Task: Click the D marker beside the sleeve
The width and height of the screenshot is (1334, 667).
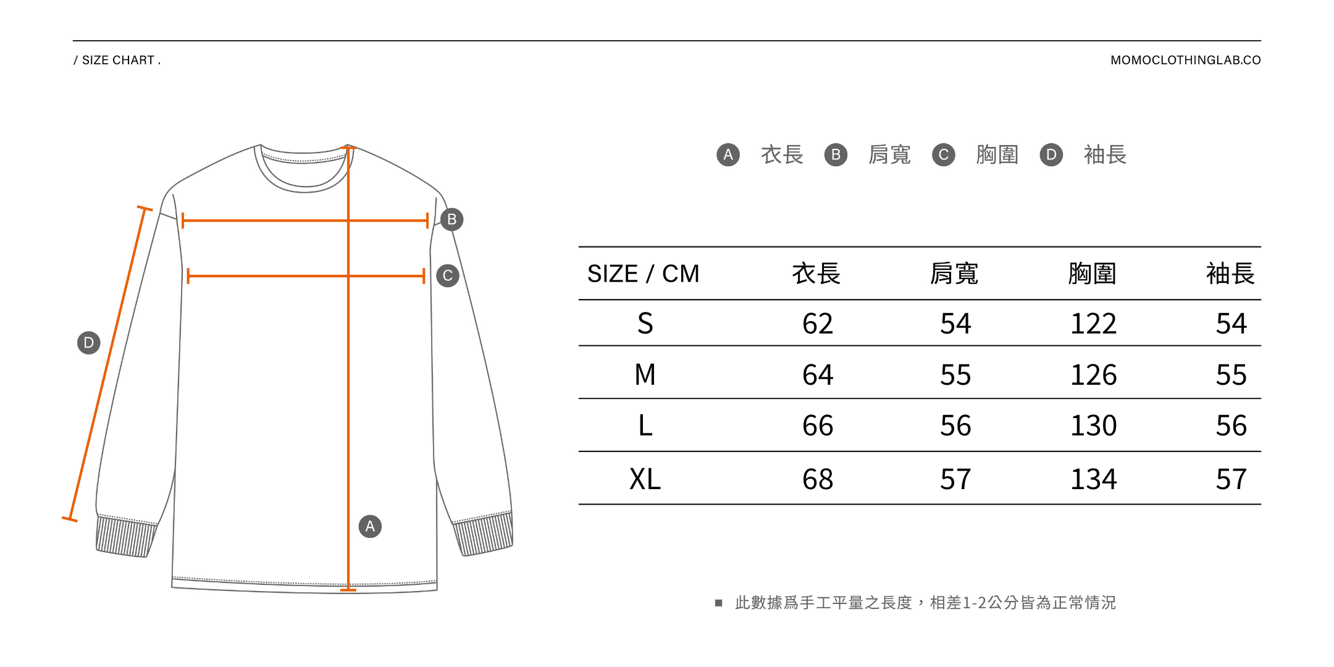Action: pos(88,342)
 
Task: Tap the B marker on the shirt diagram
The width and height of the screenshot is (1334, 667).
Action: pos(452,219)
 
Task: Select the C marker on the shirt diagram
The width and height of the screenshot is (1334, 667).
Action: pos(448,275)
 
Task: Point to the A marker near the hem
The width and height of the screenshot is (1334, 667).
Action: pos(370,526)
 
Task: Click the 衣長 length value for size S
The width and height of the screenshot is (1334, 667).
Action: pos(817,324)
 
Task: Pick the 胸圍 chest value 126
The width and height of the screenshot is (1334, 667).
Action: pos(1093,375)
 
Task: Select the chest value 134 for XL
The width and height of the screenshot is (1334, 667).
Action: pos(1093,479)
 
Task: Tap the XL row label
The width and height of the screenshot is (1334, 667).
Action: pos(645,479)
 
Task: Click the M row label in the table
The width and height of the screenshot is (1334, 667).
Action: pos(645,375)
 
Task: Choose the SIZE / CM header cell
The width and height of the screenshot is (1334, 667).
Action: pos(643,274)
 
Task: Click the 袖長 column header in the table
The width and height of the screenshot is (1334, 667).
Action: pos(1230,274)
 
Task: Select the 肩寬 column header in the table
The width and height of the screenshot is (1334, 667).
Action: pos(954,274)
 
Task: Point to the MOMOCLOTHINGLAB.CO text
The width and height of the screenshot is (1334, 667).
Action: pos(1185,60)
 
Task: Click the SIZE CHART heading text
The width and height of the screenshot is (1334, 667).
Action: pos(117,60)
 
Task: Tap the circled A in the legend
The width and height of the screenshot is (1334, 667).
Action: pos(728,154)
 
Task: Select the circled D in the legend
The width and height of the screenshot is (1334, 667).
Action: pos(1051,154)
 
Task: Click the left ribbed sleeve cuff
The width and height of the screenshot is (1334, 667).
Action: pos(125,536)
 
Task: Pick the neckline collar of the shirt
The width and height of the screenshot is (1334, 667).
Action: pos(304,170)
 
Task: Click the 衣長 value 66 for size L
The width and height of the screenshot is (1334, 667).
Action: pos(817,426)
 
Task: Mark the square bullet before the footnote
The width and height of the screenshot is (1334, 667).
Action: pos(718,603)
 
